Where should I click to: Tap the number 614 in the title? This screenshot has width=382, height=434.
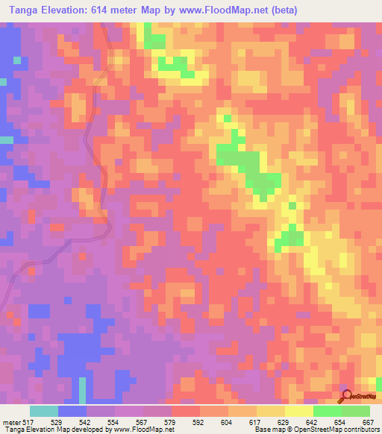point(110,10)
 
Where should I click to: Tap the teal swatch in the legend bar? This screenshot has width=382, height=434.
point(44,411)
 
